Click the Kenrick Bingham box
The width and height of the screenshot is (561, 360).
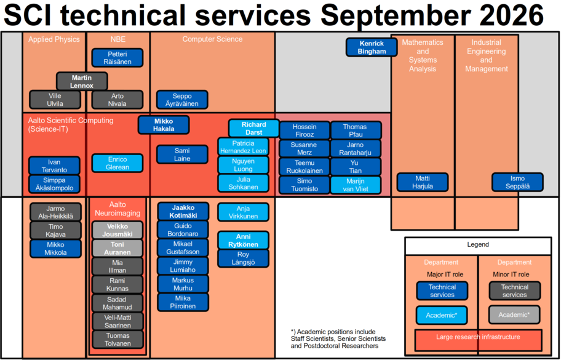(372, 47)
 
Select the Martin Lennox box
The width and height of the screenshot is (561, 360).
(82, 81)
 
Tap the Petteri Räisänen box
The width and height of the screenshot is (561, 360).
(117, 58)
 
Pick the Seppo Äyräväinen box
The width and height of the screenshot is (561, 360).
(182, 100)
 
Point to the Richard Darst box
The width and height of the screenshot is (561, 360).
(253, 128)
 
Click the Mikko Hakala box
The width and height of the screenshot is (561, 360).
(164, 125)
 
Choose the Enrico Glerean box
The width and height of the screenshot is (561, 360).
(117, 163)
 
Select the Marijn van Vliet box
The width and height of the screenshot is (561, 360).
(356, 185)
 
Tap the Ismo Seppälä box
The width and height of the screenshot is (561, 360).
(517, 182)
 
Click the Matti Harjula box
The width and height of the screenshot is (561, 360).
(423, 182)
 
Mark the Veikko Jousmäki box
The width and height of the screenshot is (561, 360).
(117, 230)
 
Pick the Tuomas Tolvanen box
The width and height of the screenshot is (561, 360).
(117, 339)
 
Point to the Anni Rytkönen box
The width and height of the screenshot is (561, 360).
(244, 241)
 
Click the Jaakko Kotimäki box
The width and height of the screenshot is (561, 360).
(183, 212)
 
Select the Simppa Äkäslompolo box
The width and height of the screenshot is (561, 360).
(54, 184)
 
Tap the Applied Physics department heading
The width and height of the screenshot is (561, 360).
(54, 39)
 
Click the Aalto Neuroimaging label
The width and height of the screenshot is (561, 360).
(117, 209)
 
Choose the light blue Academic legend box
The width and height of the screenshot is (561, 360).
(442, 315)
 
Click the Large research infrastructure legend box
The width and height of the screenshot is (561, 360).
(478, 340)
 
